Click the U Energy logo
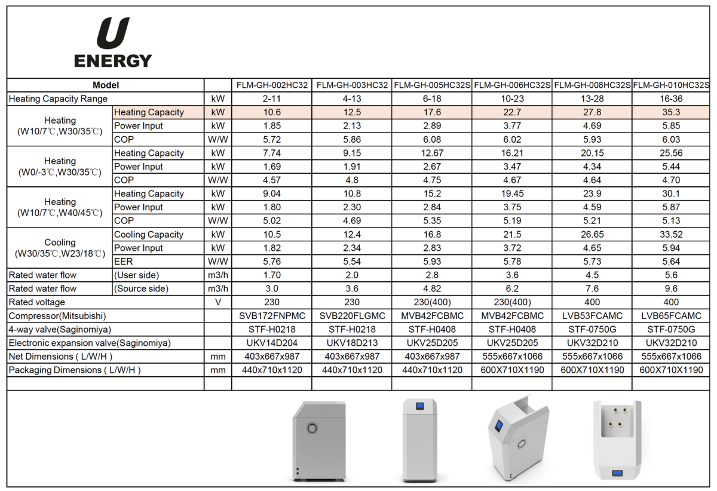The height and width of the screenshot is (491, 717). [113, 42]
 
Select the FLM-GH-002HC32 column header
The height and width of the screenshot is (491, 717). [272, 85]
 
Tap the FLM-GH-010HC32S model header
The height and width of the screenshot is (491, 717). [671, 85]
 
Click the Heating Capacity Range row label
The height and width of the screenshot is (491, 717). [59, 99]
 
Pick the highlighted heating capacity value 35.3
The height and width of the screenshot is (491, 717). [671, 112]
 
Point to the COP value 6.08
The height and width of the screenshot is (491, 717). [431, 139]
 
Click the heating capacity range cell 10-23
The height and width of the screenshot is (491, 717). [512, 99]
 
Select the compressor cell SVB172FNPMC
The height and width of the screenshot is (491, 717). [272, 315]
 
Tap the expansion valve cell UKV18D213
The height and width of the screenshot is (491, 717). [352, 343]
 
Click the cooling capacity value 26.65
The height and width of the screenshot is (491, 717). [592, 234]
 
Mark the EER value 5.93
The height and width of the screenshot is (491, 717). [431, 261]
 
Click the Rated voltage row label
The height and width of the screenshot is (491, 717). [37, 302]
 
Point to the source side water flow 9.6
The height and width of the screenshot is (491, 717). [671, 289]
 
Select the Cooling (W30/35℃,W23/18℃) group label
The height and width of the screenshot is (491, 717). [60, 248]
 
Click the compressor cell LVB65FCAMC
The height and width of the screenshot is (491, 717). [671, 315]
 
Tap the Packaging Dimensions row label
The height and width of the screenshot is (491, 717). [75, 370]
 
